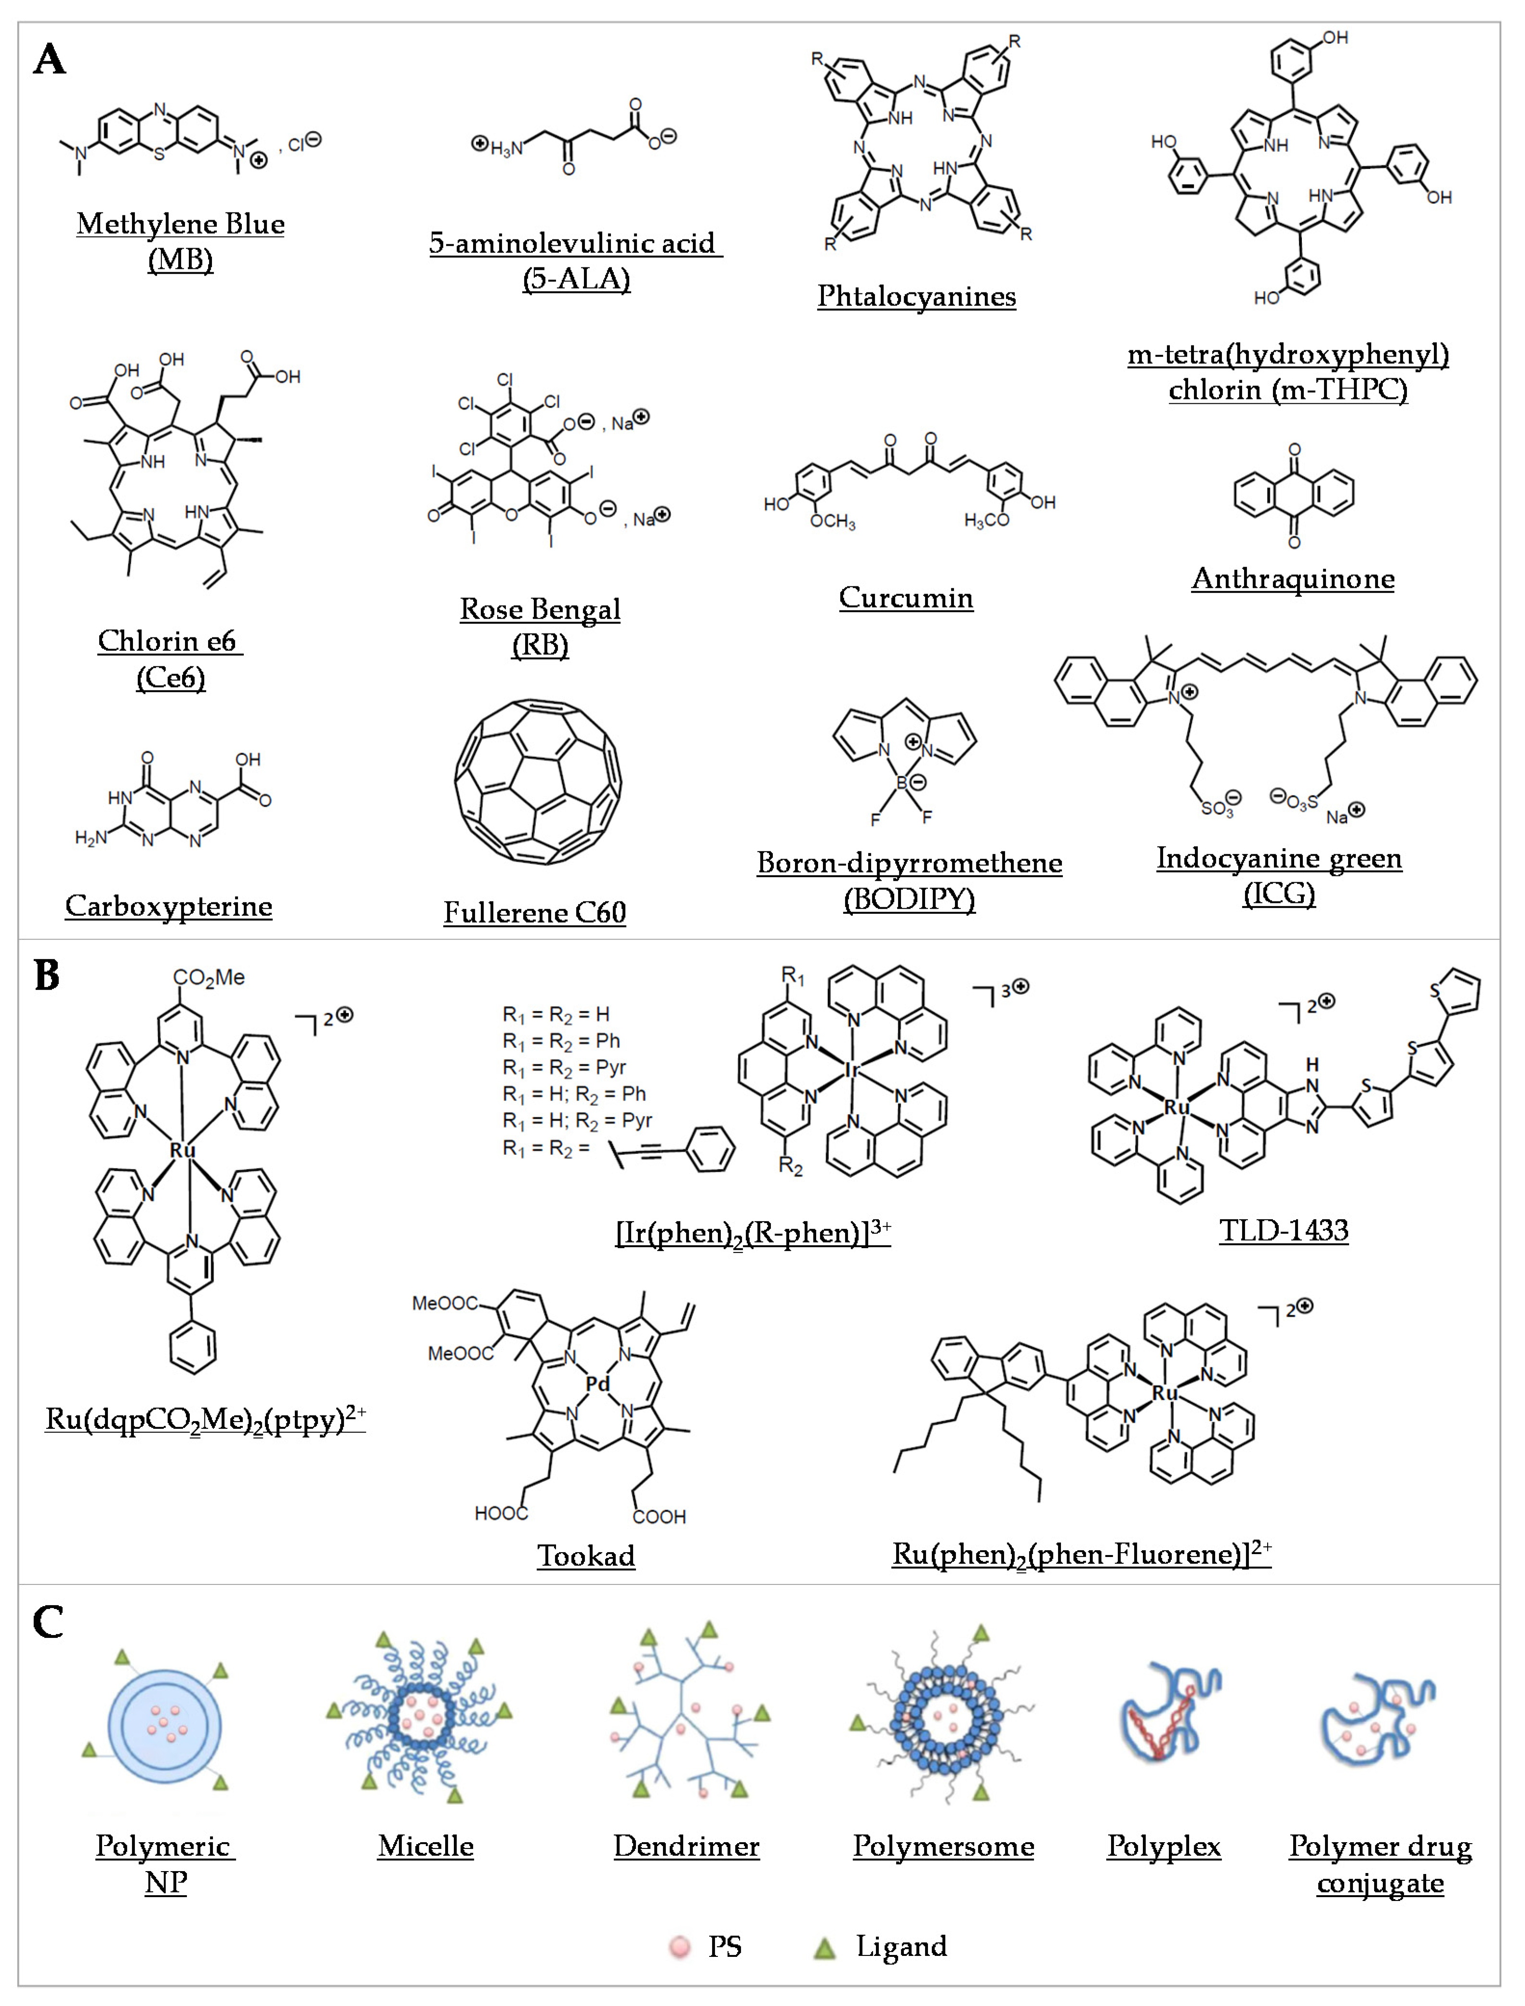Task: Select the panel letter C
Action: [x=48, y=1622]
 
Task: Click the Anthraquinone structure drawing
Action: [x=1294, y=495]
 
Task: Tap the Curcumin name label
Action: [x=906, y=597]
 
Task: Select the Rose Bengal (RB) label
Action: [x=540, y=626]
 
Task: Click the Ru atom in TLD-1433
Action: [x=1177, y=1108]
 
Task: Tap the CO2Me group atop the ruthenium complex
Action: [x=209, y=977]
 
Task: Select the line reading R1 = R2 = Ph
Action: [x=561, y=1040]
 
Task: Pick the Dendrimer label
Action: [x=686, y=1846]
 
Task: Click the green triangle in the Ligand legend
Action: [x=824, y=1947]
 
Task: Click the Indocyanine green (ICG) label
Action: [x=1279, y=876]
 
